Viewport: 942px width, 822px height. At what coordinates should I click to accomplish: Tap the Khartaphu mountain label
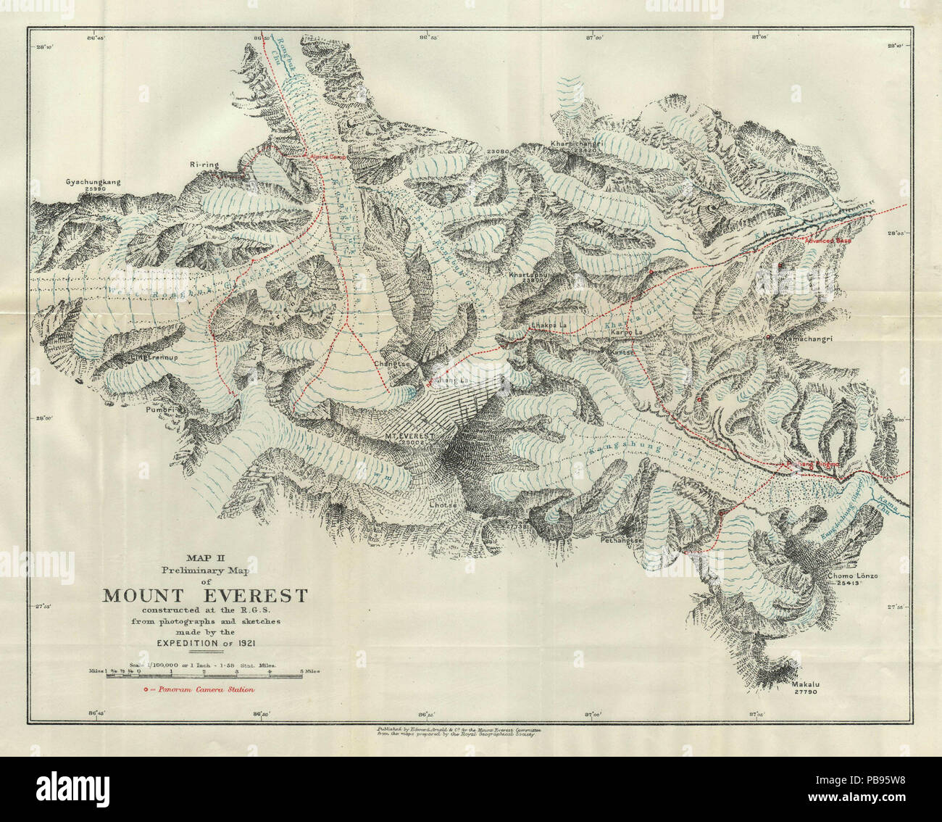(x=527, y=276)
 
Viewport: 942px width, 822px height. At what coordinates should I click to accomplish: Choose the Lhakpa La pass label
(x=546, y=325)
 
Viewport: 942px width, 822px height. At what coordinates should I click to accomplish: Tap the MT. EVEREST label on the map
(x=409, y=436)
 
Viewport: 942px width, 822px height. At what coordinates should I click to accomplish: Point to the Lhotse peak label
(x=441, y=505)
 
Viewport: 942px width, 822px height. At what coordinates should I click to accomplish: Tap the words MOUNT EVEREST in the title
(x=205, y=596)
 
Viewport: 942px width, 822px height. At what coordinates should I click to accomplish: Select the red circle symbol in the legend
(x=146, y=689)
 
